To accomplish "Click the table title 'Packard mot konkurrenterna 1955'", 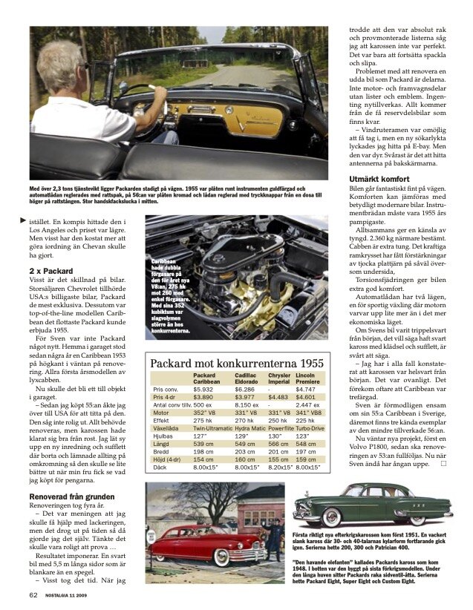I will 237,364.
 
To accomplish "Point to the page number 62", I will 33,594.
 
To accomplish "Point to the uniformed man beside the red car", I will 276,536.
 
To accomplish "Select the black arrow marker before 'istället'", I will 22,221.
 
